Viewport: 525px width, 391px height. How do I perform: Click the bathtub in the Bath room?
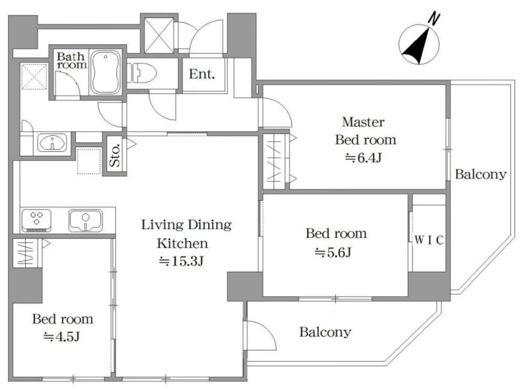coord(106,72)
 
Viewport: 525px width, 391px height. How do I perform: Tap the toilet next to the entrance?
coord(142,73)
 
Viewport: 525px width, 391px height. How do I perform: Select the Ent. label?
coord(202,74)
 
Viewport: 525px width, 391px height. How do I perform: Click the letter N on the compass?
coord(434,19)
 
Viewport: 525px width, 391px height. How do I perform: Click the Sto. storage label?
coord(115,156)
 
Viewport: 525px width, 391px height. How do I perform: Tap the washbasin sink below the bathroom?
coord(52,143)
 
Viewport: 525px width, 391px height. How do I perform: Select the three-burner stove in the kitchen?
coord(36,220)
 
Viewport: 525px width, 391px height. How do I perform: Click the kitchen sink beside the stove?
coord(85,220)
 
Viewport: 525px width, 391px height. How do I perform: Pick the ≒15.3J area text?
coord(181,261)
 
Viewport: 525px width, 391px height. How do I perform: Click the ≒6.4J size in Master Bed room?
coord(363,157)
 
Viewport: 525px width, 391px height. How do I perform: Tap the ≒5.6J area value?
coord(333,252)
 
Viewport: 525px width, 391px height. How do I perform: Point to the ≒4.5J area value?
coord(62,336)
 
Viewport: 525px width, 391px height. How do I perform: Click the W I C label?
coord(429,240)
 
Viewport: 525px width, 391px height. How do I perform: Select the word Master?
coord(363,122)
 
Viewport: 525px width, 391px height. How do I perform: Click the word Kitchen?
coord(183,243)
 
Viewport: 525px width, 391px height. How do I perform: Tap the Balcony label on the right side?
coord(481,174)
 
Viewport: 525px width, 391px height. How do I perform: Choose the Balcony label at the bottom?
coord(326,332)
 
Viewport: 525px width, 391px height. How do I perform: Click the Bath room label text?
coord(71,61)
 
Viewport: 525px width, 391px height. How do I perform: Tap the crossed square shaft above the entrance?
coord(159,35)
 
